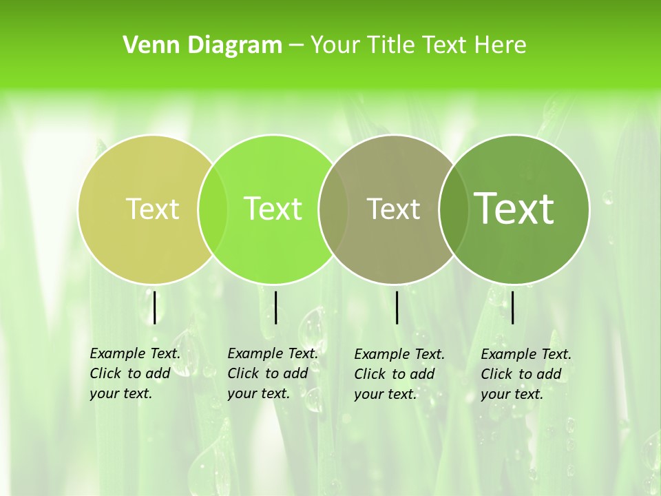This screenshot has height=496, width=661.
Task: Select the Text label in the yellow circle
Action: click(152, 209)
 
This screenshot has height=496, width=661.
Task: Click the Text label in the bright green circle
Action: click(273, 209)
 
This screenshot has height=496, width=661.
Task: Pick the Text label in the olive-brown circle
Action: click(394, 209)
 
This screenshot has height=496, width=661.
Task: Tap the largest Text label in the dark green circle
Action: click(514, 209)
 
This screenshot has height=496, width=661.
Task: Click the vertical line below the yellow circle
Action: click(155, 307)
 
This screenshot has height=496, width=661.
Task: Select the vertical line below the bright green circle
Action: click(275, 307)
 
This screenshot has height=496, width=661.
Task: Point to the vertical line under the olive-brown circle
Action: click(397, 307)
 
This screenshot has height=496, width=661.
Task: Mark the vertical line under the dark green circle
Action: click(513, 307)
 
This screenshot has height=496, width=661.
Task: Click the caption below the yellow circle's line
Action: click(135, 373)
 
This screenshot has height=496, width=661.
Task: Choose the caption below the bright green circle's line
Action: click(273, 373)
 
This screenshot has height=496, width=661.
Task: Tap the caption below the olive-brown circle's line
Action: click(399, 374)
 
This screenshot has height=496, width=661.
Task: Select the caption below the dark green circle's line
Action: click(526, 374)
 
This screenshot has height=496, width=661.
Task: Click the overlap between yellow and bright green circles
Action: click(213, 209)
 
